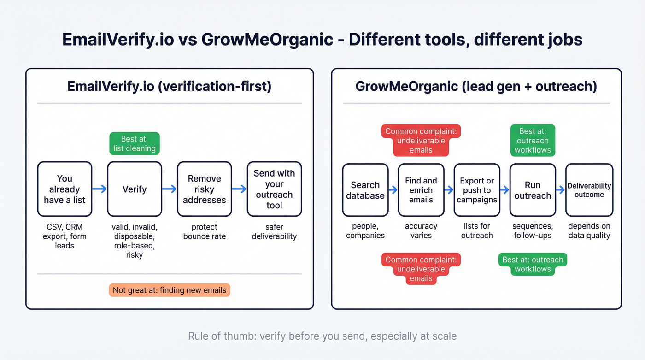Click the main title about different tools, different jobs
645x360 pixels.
(x=322, y=40)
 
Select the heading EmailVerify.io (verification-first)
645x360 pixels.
(x=169, y=86)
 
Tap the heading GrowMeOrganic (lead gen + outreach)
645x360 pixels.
(x=476, y=86)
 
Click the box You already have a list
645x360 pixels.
(x=64, y=189)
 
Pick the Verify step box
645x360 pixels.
(x=135, y=189)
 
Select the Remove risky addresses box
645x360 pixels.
(x=204, y=189)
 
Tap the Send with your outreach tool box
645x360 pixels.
(x=274, y=189)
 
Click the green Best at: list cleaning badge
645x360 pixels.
(x=135, y=143)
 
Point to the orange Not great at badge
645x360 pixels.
(x=169, y=290)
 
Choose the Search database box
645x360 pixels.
(x=365, y=190)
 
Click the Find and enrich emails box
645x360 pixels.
(x=421, y=190)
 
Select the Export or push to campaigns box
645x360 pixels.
(x=477, y=190)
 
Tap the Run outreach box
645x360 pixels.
(x=533, y=190)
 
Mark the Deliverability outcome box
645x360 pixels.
(x=589, y=190)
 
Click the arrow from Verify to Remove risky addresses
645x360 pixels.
(x=170, y=189)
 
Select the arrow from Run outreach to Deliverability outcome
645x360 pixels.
(x=560, y=189)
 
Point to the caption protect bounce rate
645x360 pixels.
(x=204, y=231)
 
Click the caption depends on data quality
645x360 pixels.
(x=589, y=230)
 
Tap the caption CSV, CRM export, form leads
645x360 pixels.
(x=64, y=236)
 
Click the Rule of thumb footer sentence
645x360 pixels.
(x=322, y=336)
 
